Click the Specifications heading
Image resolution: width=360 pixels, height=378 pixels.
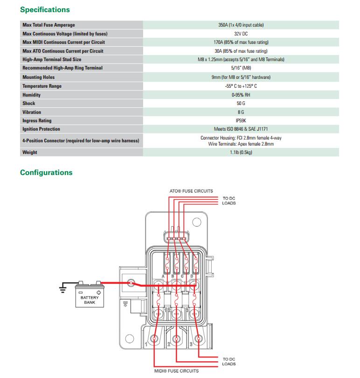click(45, 9)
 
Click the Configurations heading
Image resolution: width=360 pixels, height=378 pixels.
click(46, 173)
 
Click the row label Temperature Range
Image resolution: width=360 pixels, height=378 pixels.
click(42, 86)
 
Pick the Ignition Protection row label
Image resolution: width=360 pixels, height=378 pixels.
click(41, 129)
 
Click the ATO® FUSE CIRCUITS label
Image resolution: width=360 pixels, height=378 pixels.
click(191, 191)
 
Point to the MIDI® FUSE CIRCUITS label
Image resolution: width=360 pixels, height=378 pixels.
click(176, 371)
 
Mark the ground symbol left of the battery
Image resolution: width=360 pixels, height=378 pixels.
click(62, 289)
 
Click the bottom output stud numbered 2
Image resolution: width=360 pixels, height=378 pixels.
click(176, 339)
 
